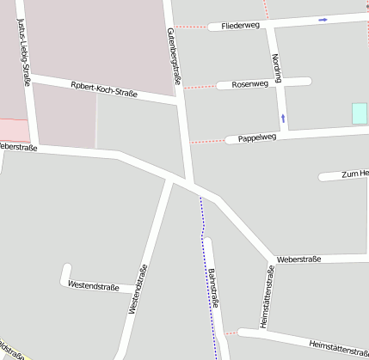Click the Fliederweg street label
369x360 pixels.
[x=240, y=26]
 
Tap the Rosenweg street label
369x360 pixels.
[x=249, y=84]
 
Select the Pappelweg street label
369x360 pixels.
[x=257, y=137]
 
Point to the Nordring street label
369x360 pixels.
[x=276, y=69]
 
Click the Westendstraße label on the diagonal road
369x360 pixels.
[x=138, y=287]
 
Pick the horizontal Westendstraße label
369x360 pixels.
[x=93, y=285]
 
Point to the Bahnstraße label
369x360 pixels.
[x=213, y=289]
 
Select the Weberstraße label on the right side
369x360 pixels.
[x=298, y=259]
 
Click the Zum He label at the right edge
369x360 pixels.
[x=354, y=174]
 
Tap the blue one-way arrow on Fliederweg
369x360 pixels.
[x=323, y=19]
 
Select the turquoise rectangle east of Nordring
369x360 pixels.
[x=359, y=113]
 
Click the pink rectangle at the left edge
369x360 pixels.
[x=12, y=130]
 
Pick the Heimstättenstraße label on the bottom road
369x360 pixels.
[x=338, y=347]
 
